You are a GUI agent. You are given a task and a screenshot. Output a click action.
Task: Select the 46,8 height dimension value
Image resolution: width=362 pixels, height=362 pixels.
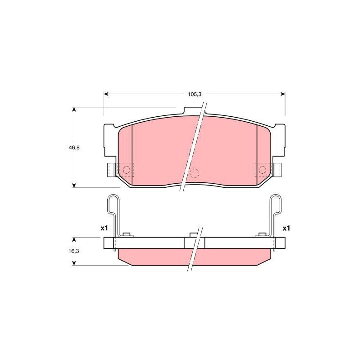click(74, 148)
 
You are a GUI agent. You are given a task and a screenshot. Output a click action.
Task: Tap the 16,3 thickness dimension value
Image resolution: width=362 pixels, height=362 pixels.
click(74, 251)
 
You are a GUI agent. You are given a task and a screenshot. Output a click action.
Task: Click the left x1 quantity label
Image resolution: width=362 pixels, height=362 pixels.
click(104, 229)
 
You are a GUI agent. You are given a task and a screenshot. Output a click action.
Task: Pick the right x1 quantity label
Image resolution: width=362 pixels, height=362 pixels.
click(286, 229)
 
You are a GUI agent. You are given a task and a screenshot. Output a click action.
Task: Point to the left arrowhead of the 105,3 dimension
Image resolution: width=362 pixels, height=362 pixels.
click(106, 94)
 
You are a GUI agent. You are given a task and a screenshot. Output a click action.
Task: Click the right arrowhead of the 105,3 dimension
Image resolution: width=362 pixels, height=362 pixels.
click(282, 94)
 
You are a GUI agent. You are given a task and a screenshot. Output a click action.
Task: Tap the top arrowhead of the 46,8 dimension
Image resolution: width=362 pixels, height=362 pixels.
click(74, 110)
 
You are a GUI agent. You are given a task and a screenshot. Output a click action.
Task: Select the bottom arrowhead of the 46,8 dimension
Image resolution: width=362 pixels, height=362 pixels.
click(74, 185)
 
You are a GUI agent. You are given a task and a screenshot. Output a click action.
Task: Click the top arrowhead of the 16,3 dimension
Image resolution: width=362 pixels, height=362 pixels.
click(74, 240)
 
